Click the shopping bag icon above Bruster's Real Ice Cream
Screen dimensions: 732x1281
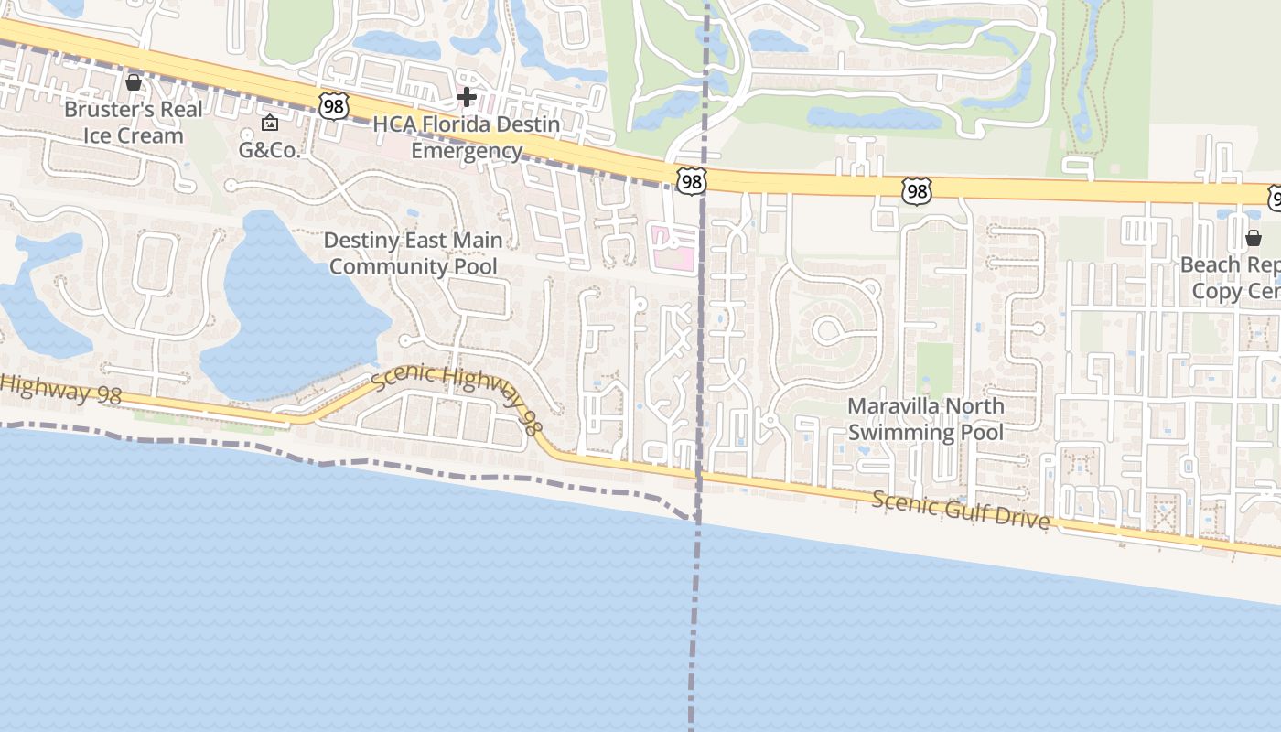click(x=134, y=82)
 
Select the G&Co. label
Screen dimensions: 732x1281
click(x=269, y=150)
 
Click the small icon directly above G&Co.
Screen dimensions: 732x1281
click(x=270, y=123)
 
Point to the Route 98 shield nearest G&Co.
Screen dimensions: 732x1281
click(x=333, y=107)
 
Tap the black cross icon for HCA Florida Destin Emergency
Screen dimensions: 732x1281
click(x=467, y=96)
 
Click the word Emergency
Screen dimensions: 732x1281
click(x=467, y=151)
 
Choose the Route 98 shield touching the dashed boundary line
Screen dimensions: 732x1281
click(x=692, y=182)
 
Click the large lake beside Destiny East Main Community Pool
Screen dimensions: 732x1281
click(x=293, y=311)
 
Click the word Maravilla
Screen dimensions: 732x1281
click(x=892, y=406)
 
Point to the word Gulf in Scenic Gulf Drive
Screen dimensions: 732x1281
click(x=970, y=509)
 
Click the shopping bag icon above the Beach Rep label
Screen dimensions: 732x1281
click(x=1254, y=238)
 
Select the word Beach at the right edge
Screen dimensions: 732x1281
click(x=1211, y=265)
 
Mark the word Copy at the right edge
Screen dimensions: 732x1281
click(x=1217, y=292)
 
